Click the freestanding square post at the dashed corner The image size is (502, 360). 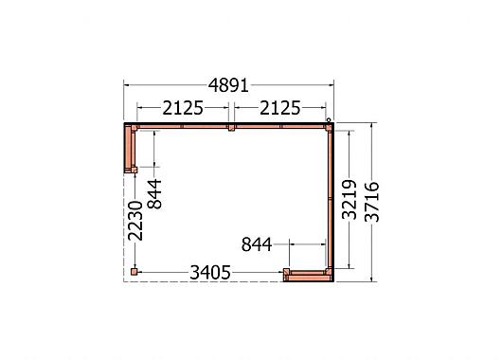(134, 272)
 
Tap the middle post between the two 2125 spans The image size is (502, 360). (231, 127)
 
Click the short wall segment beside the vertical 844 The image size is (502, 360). (131, 147)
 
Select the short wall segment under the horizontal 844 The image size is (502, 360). (308, 275)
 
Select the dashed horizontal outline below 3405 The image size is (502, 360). (208, 280)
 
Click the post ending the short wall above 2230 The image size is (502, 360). (134, 170)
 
